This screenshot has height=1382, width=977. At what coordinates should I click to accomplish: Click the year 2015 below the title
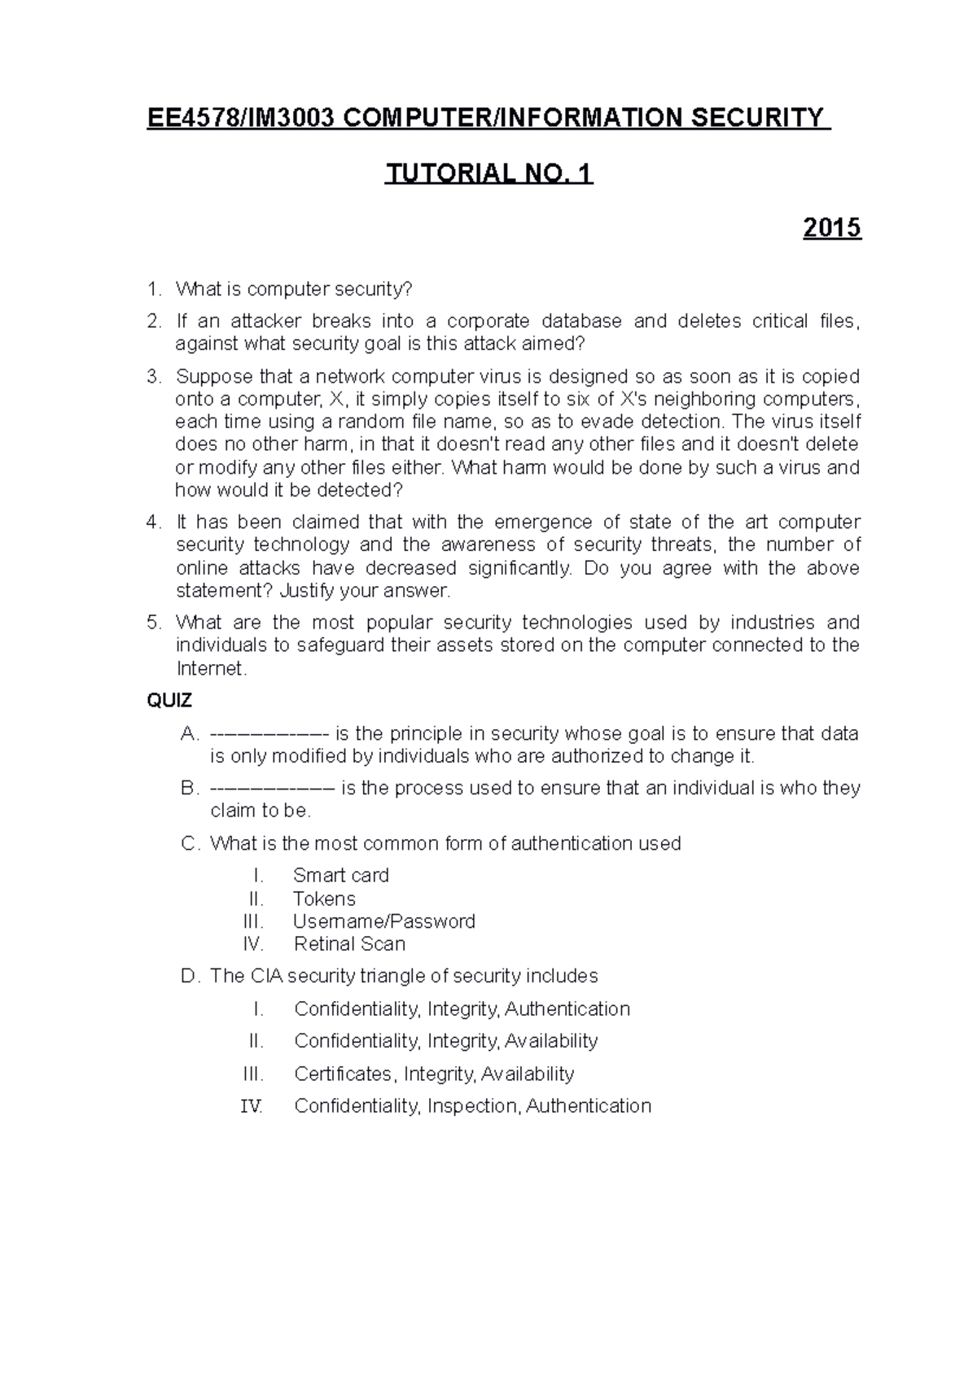(831, 228)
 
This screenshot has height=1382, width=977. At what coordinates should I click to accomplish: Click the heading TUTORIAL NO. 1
(488, 173)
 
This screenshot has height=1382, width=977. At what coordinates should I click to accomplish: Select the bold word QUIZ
(169, 701)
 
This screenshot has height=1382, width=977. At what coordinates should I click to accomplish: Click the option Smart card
(340, 875)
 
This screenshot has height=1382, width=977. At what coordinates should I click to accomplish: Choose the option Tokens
(324, 899)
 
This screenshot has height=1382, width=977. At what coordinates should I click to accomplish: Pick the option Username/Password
(383, 921)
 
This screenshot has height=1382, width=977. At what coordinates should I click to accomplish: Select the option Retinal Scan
(349, 944)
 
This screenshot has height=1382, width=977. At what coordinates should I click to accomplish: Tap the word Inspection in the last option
(473, 1106)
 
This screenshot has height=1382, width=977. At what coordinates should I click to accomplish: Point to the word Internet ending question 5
(209, 669)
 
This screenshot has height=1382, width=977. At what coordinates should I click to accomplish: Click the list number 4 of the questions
(153, 522)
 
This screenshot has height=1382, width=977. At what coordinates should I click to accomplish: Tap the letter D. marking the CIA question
(190, 976)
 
